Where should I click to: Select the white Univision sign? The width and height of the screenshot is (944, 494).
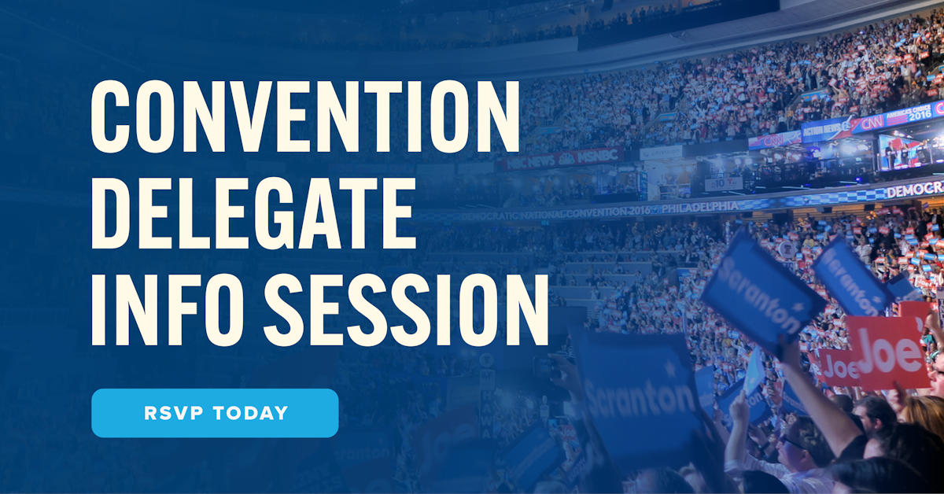tap(661, 152)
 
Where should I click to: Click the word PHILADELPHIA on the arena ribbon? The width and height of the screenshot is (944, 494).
tap(699, 208)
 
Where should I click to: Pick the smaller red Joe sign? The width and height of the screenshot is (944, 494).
tap(837, 366)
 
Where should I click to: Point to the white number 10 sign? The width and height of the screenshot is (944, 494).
tap(724, 183)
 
